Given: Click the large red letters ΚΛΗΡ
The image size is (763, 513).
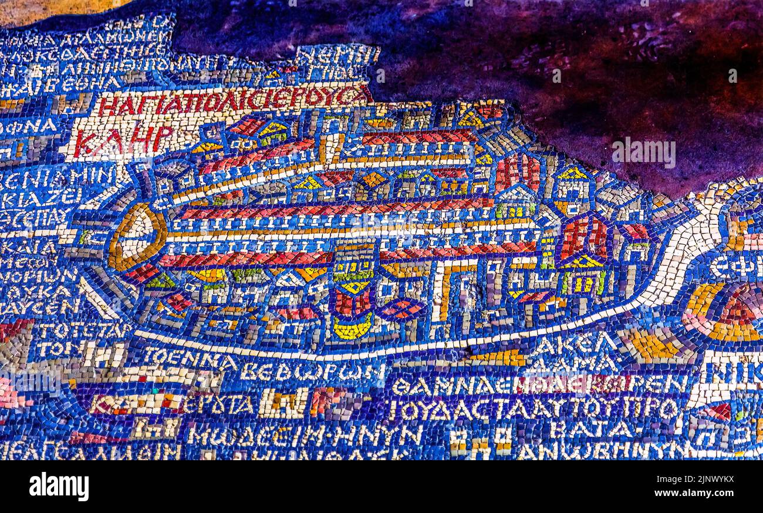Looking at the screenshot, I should [124, 140].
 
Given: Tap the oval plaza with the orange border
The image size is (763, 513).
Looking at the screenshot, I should [136, 236].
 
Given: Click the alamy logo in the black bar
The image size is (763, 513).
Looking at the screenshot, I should [59, 487].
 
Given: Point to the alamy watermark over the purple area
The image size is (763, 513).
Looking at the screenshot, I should [643, 152].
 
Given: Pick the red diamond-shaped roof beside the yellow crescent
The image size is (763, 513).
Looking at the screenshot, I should [401, 309].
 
